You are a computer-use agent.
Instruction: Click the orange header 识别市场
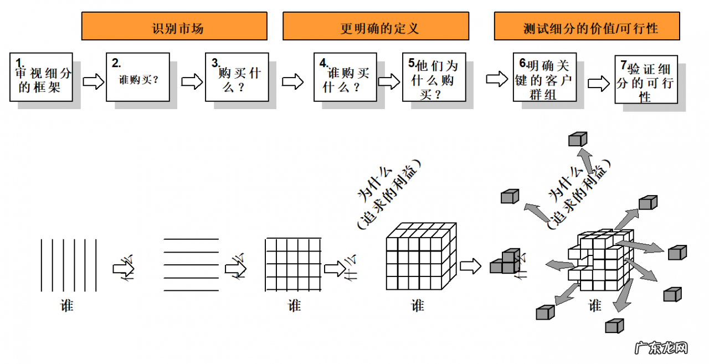coord(174,26)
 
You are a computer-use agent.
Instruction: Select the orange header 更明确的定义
coord(376,26)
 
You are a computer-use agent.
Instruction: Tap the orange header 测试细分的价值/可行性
coord(587,26)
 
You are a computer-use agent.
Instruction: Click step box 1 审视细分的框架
coord(41,77)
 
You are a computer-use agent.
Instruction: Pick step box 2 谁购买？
coord(138,77)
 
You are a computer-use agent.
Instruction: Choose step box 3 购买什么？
coord(237,77)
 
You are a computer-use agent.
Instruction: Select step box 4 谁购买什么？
coord(345,77)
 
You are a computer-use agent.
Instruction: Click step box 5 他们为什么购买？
coord(434,77)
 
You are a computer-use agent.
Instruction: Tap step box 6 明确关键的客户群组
coord(544,77)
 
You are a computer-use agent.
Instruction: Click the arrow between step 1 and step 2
coord(93,82)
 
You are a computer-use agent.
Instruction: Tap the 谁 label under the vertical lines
coord(67,305)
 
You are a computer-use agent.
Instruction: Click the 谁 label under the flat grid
coord(294,305)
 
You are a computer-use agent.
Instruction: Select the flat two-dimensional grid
coord(294,264)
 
